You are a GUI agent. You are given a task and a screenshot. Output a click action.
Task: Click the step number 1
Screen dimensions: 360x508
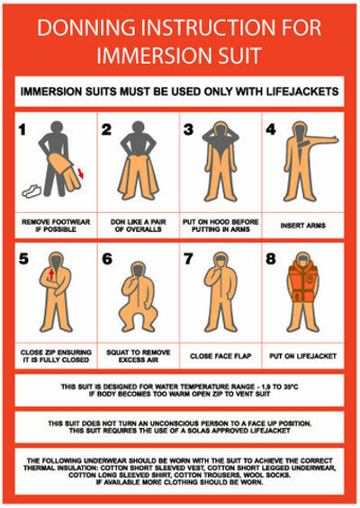22,129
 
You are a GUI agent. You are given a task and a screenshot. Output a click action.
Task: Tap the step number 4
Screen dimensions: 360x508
271,129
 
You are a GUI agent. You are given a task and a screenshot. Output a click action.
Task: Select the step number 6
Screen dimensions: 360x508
107,259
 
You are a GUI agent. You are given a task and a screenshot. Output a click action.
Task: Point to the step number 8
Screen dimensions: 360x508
271,259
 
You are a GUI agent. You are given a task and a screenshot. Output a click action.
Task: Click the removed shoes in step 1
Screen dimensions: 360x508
31,191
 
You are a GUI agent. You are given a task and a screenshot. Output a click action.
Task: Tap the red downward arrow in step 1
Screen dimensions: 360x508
81,174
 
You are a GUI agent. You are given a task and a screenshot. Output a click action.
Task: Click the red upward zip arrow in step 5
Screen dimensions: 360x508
51,274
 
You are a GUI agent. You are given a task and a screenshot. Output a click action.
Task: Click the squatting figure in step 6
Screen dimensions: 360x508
139,296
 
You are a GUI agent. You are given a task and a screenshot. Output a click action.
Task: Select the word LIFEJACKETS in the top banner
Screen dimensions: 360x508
302,92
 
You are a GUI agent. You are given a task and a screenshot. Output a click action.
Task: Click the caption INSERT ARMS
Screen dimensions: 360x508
303,226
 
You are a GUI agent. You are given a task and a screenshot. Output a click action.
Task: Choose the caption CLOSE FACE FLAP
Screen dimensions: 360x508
220,356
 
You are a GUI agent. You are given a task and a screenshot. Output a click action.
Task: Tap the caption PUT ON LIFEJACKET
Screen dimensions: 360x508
303,356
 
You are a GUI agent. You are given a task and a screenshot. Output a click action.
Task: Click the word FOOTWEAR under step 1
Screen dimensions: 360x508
71,222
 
